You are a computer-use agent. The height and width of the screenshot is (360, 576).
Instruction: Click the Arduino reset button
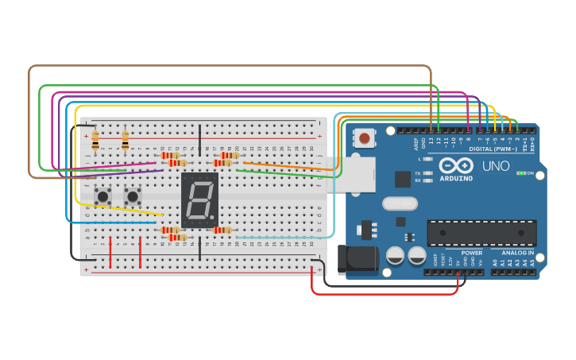tap(365, 138)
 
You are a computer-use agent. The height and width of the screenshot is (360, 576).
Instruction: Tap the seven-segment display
tap(199, 200)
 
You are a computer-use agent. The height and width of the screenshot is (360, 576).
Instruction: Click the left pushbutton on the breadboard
tap(102, 195)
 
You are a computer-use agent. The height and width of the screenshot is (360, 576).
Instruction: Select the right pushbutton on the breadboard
tap(133, 195)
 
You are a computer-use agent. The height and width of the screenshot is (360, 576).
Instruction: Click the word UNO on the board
tap(496, 166)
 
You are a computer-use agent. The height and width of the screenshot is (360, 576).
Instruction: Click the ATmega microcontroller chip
tap(481, 233)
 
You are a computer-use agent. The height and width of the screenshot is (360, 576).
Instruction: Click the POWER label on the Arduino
tap(471, 253)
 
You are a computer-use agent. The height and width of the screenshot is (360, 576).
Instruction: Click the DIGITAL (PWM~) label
tap(492, 149)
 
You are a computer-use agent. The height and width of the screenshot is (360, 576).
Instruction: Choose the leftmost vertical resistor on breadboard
tap(95, 141)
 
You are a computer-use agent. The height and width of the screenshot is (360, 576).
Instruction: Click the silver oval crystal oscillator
tap(399, 203)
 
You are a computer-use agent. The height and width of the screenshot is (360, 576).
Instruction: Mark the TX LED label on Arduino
tap(418, 172)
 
